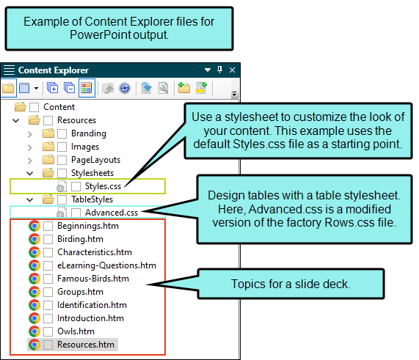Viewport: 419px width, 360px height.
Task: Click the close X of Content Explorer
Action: click(232, 70)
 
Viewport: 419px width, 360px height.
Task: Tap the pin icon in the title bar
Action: click(219, 70)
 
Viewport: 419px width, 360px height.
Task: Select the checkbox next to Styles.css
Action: click(76, 186)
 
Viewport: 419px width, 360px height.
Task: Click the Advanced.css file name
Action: click(112, 213)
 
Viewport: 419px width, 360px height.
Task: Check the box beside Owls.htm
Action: click(48, 331)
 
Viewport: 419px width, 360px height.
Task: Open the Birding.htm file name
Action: click(80, 239)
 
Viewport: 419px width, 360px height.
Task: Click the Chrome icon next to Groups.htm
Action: click(34, 292)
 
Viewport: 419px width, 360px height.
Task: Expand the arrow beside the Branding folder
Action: click(29, 133)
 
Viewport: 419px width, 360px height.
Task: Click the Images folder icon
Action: click(48, 147)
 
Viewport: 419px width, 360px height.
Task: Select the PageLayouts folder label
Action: click(95, 160)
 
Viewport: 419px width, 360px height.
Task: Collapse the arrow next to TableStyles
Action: click(29, 199)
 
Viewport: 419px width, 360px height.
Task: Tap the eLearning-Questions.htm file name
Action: click(106, 265)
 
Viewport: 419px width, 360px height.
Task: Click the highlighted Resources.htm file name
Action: click(86, 345)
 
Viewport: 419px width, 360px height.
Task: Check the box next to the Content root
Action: click(34, 107)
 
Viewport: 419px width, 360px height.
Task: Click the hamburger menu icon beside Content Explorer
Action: click(9, 70)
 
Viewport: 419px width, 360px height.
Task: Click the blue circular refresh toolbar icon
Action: click(125, 88)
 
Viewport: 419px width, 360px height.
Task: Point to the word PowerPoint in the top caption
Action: click(101, 35)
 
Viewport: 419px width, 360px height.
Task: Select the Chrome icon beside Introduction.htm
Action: click(34, 318)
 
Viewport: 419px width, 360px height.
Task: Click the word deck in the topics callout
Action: click(335, 284)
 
